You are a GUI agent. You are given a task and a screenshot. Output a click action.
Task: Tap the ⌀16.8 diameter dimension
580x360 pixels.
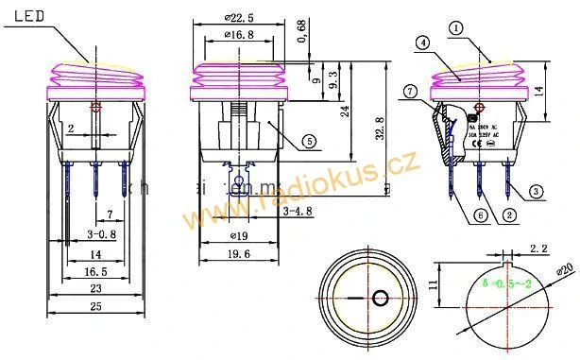240,35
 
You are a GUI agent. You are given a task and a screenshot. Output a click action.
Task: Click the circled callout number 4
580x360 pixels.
423,43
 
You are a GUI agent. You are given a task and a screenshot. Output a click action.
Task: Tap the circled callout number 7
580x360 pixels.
410,92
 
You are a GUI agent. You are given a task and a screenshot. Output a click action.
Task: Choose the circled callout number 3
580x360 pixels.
536,192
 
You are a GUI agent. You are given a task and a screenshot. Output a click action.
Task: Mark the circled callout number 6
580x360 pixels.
480,214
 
